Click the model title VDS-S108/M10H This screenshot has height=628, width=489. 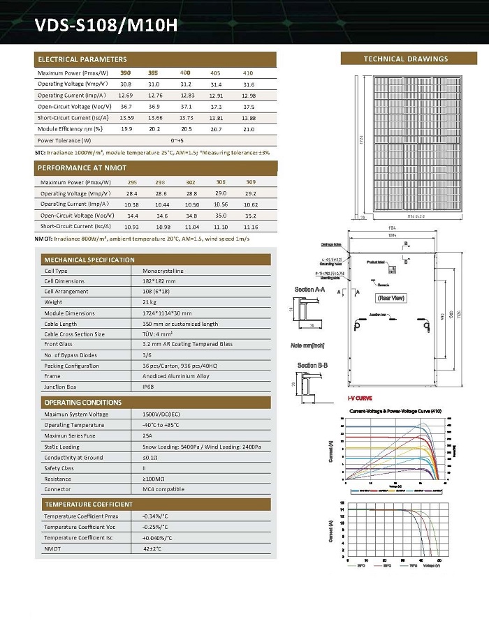click(106, 27)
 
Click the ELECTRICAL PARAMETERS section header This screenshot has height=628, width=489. click(82, 59)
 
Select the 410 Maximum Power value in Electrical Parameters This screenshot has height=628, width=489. click(248, 73)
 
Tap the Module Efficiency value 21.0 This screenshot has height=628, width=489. click(248, 129)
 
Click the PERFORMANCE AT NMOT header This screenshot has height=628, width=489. click(82, 168)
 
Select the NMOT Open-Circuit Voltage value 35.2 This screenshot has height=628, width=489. click(251, 216)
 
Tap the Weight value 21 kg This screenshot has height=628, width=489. click(150, 302)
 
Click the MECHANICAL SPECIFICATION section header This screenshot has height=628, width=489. click(89, 260)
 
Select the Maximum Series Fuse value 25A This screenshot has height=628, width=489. click(148, 435)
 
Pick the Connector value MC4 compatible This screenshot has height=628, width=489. click(163, 489)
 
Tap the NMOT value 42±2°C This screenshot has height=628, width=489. click(152, 548)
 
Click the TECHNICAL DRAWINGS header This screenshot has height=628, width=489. click(406, 59)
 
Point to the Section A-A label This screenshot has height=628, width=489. click(309, 289)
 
